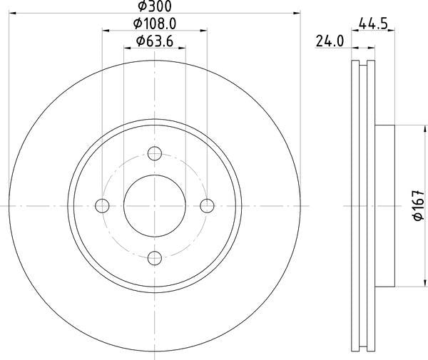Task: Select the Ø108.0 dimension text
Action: tap(155, 24)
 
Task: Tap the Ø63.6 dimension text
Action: tap(155, 41)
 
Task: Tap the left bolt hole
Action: tap(102, 206)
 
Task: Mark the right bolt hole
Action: tap(208, 206)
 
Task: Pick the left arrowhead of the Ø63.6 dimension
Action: tap(128, 48)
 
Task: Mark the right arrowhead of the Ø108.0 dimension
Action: tap(204, 31)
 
